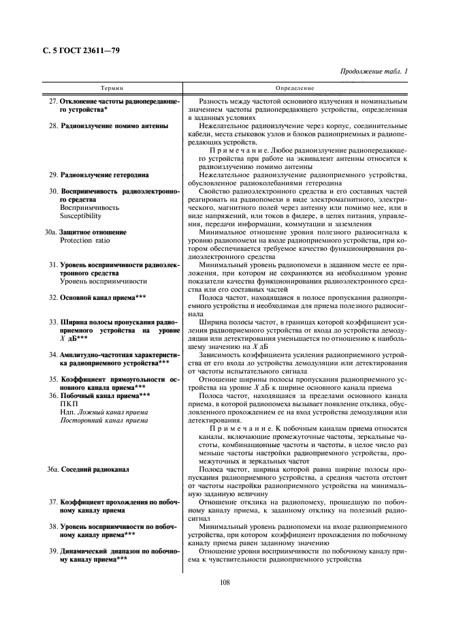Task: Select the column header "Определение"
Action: pyautogui.click(x=295, y=89)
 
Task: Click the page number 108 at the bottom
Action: pyautogui.click(x=225, y=581)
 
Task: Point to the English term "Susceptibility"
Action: pyautogui.click(x=81, y=216)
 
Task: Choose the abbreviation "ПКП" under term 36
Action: pyautogui.click(x=69, y=404)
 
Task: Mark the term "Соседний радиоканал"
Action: pyautogui.click(x=95, y=470)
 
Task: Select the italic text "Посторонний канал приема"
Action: pyautogui.click(x=104, y=421)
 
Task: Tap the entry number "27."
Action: pyautogui.click(x=52, y=101)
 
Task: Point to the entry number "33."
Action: pyautogui.click(x=52, y=322)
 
